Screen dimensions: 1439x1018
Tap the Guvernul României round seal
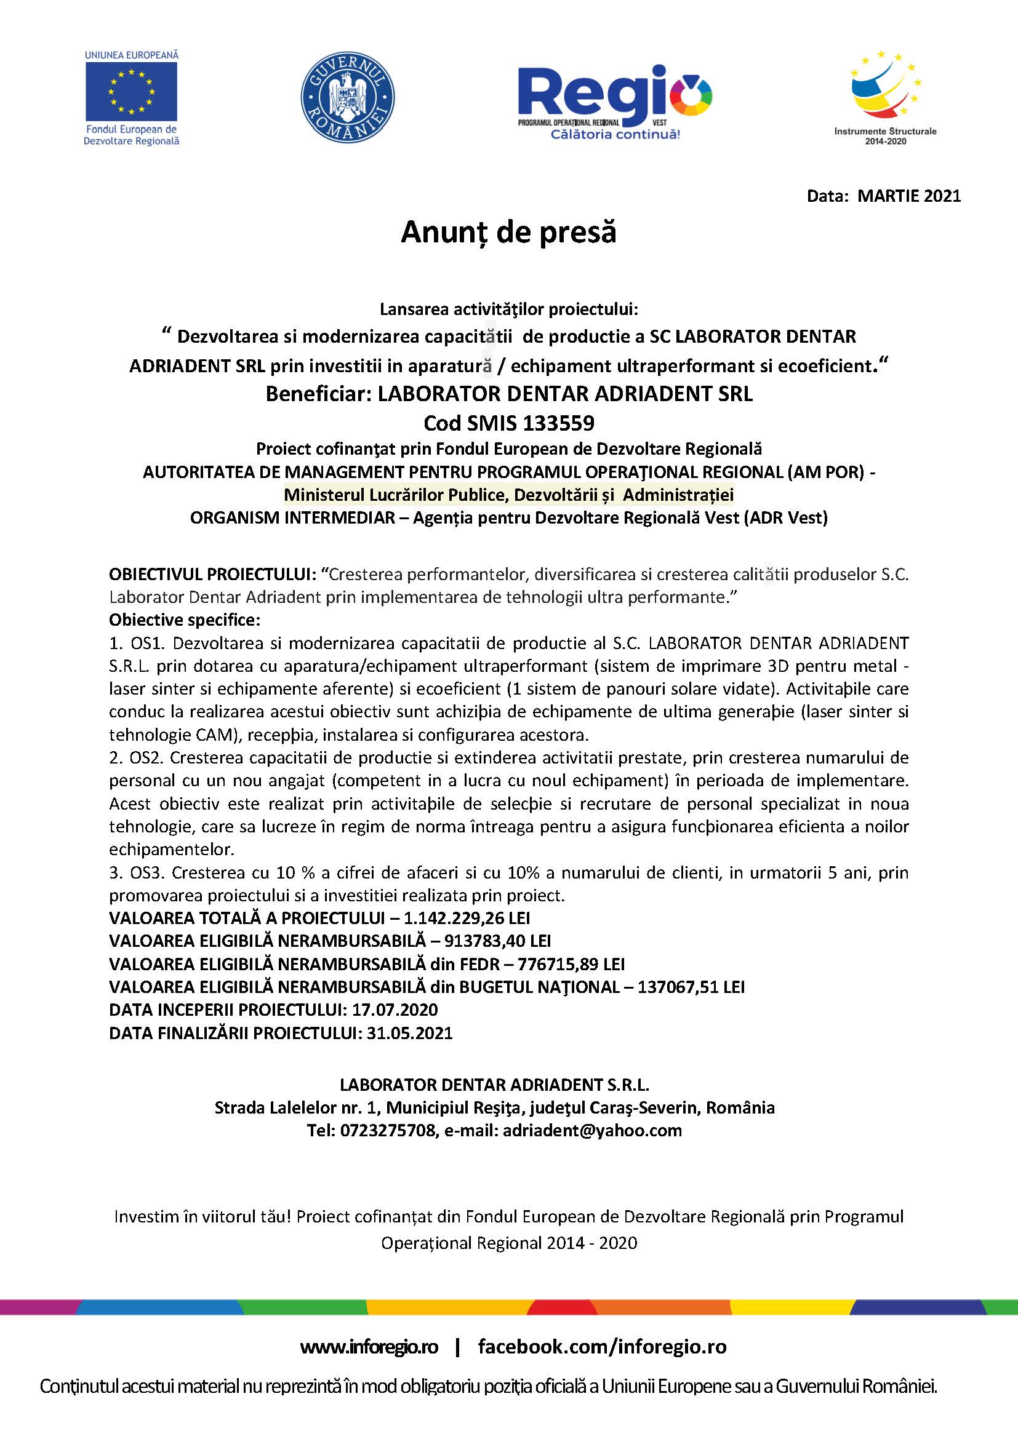348,97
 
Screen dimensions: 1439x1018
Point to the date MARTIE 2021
909,196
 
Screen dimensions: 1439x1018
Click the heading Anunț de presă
508,232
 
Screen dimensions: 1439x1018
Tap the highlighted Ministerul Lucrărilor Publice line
508,495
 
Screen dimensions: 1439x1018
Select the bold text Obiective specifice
184,620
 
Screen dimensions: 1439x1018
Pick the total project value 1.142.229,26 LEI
467,918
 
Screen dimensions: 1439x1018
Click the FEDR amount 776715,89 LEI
571,964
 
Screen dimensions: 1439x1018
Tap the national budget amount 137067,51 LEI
691,987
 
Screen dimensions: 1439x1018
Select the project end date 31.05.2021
409,1033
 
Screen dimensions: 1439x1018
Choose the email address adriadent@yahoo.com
591,1131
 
